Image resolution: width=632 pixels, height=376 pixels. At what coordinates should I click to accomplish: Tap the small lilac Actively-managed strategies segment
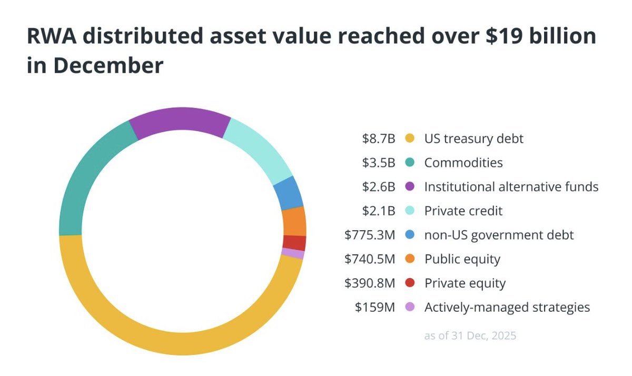pyautogui.click(x=293, y=254)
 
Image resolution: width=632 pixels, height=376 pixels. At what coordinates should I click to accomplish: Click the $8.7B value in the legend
pyautogui.click(x=378, y=139)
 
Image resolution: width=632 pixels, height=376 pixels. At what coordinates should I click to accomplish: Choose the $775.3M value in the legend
pyautogui.click(x=370, y=235)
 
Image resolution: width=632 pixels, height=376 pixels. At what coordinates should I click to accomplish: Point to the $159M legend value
pyautogui.click(x=375, y=308)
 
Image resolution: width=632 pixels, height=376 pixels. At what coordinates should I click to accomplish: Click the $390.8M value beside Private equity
pyautogui.click(x=370, y=283)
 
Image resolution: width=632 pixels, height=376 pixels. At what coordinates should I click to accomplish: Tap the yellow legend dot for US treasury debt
pyautogui.click(x=410, y=139)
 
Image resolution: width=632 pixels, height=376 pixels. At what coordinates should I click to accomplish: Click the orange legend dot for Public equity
pyautogui.click(x=410, y=259)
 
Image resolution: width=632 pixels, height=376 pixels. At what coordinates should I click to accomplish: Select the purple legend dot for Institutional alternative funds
pyautogui.click(x=410, y=187)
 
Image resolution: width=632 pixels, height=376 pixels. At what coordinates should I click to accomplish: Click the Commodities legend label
pyautogui.click(x=463, y=163)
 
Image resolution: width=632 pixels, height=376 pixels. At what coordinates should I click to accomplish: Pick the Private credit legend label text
pyautogui.click(x=463, y=211)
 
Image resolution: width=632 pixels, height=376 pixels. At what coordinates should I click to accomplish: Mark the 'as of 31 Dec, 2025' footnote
pyautogui.click(x=470, y=335)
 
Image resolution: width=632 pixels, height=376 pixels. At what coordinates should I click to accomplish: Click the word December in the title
pyautogui.click(x=108, y=66)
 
